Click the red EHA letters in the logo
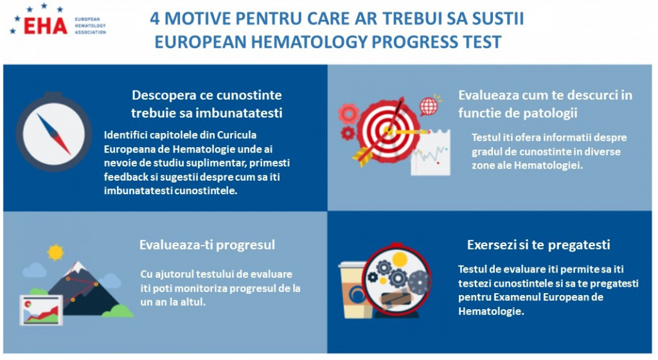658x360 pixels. pyautogui.click(x=46, y=26)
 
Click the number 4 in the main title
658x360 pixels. pyautogui.click(x=155, y=19)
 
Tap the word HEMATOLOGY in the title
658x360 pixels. pyautogui.click(x=309, y=42)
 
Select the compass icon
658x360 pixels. pyautogui.click(x=54, y=132)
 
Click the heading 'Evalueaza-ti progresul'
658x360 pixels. pyautogui.click(x=208, y=245)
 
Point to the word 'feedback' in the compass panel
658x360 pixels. pyautogui.click(x=123, y=177)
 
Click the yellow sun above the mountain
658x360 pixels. pyautogui.click(x=55, y=252)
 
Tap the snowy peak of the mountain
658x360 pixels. pyautogui.click(x=76, y=267)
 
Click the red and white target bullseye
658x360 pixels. pyautogui.click(x=387, y=131)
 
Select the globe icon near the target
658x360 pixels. pyautogui.click(x=429, y=105)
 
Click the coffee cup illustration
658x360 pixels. pyautogui.click(x=354, y=289)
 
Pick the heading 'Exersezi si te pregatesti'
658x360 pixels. pyautogui.click(x=538, y=245)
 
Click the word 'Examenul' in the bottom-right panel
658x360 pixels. pyautogui.click(x=517, y=297)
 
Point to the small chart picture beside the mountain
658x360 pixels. pyautogui.click(x=41, y=310)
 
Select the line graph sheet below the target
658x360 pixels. pyautogui.click(x=430, y=153)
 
